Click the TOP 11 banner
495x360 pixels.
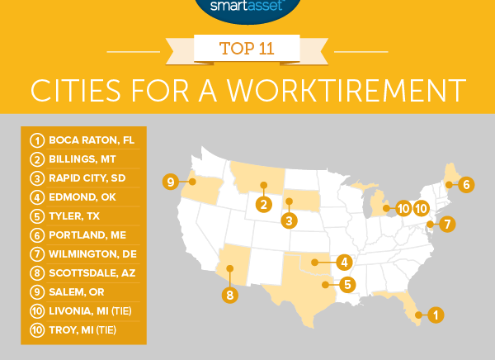click(247, 48)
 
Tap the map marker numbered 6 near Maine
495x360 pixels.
click(465, 184)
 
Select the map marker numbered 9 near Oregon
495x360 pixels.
click(170, 182)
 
